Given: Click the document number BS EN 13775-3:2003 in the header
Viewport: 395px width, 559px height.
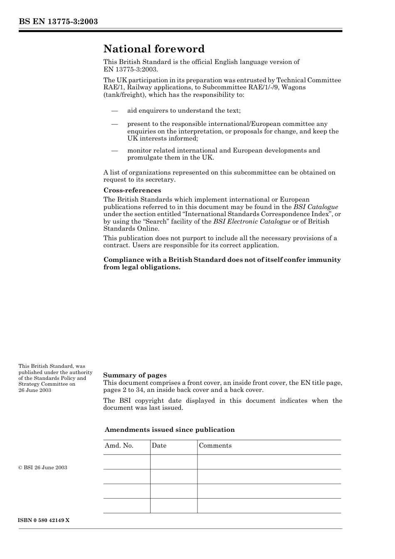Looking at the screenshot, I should [x=58, y=22].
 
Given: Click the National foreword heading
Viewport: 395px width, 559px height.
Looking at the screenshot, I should [x=154, y=49].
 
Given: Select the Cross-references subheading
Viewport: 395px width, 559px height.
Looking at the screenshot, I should [x=132, y=190].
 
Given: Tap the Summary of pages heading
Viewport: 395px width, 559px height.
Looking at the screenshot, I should [x=135, y=375].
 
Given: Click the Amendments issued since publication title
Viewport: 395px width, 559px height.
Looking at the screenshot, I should [x=170, y=430].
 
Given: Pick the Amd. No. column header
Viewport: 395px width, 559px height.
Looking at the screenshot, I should [x=119, y=446].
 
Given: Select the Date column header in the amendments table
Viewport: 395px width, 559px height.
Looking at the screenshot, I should [x=159, y=446].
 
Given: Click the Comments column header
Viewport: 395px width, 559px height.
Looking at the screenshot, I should [x=215, y=446].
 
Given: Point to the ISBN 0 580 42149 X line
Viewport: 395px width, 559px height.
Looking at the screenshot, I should [x=44, y=520].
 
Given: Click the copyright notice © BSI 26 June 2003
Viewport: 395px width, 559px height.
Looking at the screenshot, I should [x=43, y=468].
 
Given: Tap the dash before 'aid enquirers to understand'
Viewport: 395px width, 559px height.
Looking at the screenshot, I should [x=114, y=111].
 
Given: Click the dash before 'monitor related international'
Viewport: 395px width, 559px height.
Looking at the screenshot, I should [x=114, y=150].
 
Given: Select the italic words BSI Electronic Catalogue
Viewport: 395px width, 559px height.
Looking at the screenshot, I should [x=252, y=222].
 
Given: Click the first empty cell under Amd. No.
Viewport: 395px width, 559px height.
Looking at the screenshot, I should [x=126, y=462].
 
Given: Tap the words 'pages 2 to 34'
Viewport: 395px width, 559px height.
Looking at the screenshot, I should [x=123, y=390].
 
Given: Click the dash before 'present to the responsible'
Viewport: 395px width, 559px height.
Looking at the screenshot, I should [x=114, y=124].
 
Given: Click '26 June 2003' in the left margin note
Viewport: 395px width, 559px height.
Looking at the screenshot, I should [x=35, y=390].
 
